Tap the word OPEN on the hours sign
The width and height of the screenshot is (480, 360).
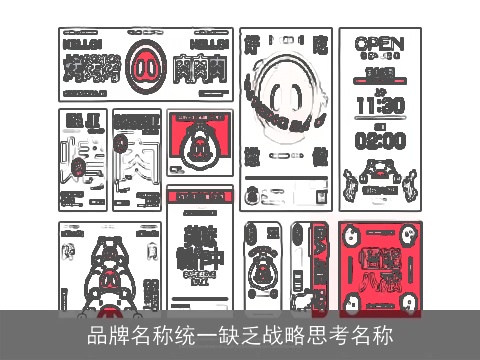pyautogui.click(x=379, y=44)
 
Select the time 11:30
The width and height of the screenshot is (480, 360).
pyautogui.click(x=379, y=104)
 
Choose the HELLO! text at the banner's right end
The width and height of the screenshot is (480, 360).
pyautogui.click(x=209, y=44)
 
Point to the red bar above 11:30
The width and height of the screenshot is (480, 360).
pyautogui.click(x=379, y=73)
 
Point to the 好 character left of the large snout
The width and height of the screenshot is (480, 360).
pyautogui.click(x=254, y=46)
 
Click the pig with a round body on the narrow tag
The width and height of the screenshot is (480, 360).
pyautogui.click(x=263, y=266)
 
